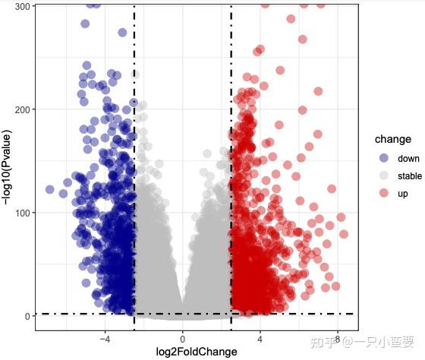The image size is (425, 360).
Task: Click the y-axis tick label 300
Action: (22, 7)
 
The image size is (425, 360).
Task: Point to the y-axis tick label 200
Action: (22, 109)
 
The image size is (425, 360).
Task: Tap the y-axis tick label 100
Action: (22, 213)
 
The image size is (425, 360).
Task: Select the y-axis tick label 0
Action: (27, 316)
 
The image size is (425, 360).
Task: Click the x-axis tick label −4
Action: (105, 339)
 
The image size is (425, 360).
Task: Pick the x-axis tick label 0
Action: (182, 339)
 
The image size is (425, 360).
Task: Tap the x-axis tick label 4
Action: (260, 339)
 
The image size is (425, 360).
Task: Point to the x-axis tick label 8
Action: (338, 339)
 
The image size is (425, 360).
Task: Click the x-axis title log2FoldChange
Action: (197, 352)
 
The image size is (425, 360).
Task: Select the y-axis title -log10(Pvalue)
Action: (8, 167)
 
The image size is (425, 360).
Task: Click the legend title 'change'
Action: (393, 139)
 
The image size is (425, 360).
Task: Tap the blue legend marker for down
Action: (383, 158)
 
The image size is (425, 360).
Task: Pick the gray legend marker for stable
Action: (383, 175)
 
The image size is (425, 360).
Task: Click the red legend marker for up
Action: (383, 193)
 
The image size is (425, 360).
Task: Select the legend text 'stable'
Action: (410, 176)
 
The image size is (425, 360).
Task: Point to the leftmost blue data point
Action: (49, 189)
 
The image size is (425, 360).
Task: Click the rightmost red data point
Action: (343, 234)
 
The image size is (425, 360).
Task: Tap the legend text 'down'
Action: (408, 159)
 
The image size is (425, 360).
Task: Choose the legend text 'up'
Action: (403, 194)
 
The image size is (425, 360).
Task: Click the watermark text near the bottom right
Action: (362, 343)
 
